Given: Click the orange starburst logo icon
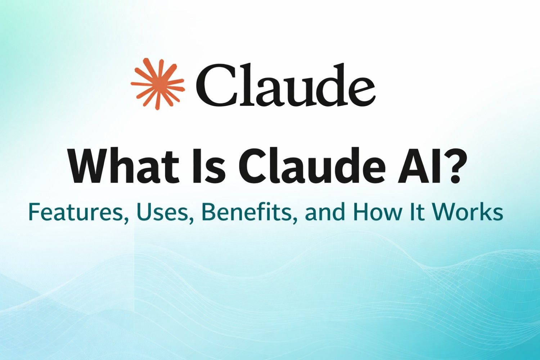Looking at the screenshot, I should (x=157, y=84).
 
